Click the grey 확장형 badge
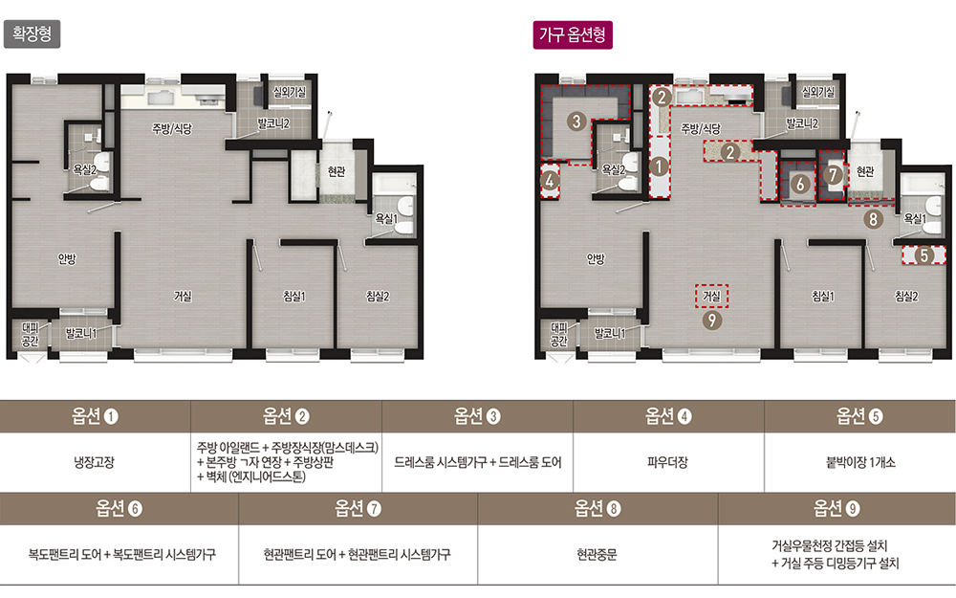pyautogui.click(x=33, y=33)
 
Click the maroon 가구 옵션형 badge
pyautogui.click(x=573, y=34)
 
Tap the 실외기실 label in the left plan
pyautogui.click(x=290, y=92)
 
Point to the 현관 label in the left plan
pyautogui.click(x=337, y=171)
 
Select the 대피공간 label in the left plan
pyautogui.click(x=30, y=334)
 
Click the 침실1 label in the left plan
pyautogui.click(x=293, y=296)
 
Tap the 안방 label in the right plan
pyautogui.click(x=596, y=258)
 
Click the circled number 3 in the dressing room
pyautogui.click(x=576, y=121)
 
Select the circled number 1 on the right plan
pyautogui.click(x=659, y=166)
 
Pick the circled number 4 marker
pyautogui.click(x=550, y=181)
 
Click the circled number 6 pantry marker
pyautogui.click(x=800, y=183)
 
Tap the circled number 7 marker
pyautogui.click(x=833, y=175)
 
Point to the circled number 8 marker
pyautogui.click(x=873, y=219)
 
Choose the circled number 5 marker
pyautogui.click(x=924, y=255)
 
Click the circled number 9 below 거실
pyautogui.click(x=711, y=320)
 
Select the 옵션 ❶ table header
pyautogui.click(x=95, y=416)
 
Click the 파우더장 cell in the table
pyautogui.click(x=667, y=462)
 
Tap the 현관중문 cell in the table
pyautogui.click(x=597, y=554)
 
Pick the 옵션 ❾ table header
pyautogui.click(x=836, y=508)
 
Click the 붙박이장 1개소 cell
pyautogui.click(x=860, y=462)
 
